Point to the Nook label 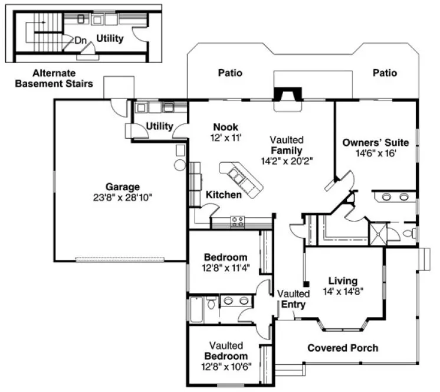tap(225, 126)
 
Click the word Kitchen tap(224, 195)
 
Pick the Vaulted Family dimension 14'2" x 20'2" tap(287, 160)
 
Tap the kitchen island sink tap(238, 175)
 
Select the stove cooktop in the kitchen tap(238, 222)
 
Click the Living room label tap(343, 281)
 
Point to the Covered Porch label tap(343, 348)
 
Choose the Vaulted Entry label tap(293, 299)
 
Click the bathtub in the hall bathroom tap(197, 306)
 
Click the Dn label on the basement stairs tap(80, 41)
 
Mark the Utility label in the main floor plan tap(159, 126)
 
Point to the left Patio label tap(231, 73)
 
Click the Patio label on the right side tap(385, 73)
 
